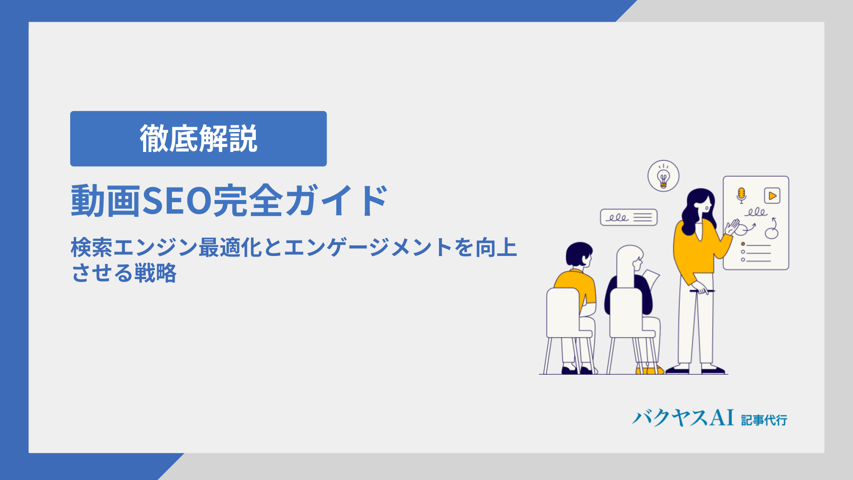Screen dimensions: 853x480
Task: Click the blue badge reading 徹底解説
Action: [x=198, y=139]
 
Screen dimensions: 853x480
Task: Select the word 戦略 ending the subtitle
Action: [x=155, y=273]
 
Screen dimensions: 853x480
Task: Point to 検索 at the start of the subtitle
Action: [x=92, y=248]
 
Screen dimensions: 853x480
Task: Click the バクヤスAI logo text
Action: [x=683, y=418]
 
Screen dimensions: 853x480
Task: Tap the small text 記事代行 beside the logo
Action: [x=764, y=420]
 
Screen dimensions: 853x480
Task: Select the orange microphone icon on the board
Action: [x=741, y=195]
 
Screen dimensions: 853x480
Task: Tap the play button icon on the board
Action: [x=772, y=196]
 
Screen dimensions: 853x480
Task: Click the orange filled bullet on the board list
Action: [x=743, y=244]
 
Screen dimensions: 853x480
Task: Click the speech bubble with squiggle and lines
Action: [x=629, y=217]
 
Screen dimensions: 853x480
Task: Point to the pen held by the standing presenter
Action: [x=702, y=291]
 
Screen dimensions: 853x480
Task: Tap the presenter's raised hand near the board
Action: [x=732, y=227]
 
